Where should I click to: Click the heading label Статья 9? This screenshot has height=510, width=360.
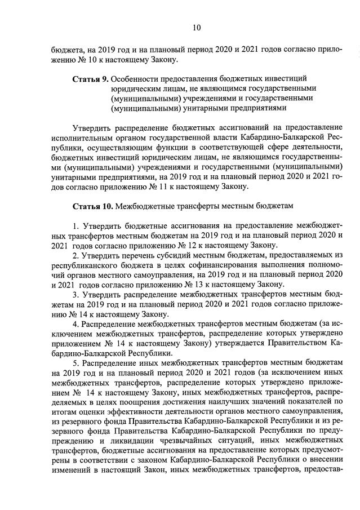pos(90,78)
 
